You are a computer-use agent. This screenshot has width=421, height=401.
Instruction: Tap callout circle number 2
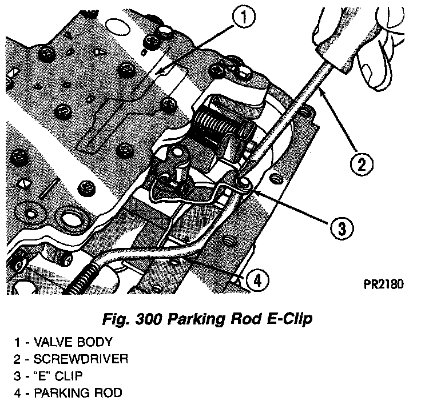[361, 166]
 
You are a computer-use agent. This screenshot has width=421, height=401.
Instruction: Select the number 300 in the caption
[150, 319]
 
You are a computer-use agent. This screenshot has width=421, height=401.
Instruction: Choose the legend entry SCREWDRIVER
[81, 359]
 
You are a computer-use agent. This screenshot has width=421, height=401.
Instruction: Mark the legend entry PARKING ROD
[77, 393]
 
